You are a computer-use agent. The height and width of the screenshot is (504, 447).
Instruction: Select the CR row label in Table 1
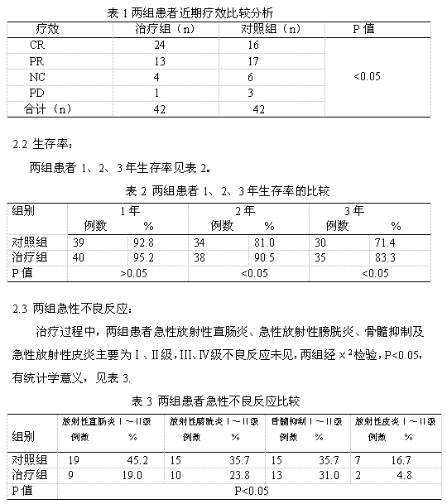click(x=37, y=46)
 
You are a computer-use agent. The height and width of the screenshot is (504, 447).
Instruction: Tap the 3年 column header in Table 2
click(x=353, y=210)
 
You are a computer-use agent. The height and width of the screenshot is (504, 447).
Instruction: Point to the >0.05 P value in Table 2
click(x=134, y=272)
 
